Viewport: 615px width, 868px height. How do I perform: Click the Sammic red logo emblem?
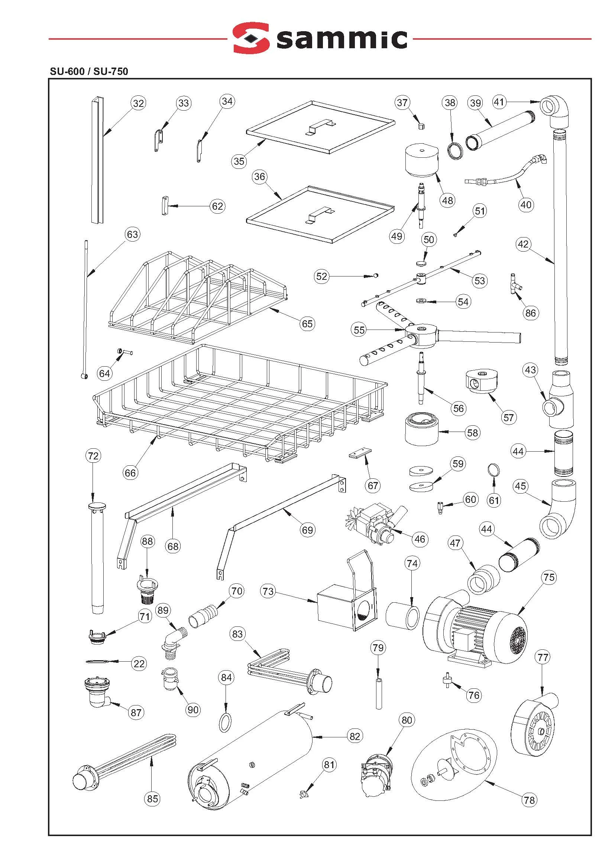(x=251, y=38)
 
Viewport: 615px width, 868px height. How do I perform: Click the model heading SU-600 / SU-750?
(x=89, y=71)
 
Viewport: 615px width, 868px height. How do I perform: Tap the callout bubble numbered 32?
(x=139, y=103)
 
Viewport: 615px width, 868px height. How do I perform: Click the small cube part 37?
(x=421, y=125)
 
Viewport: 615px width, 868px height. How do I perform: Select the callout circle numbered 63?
(x=132, y=235)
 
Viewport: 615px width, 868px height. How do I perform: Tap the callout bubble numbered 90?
(x=193, y=710)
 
